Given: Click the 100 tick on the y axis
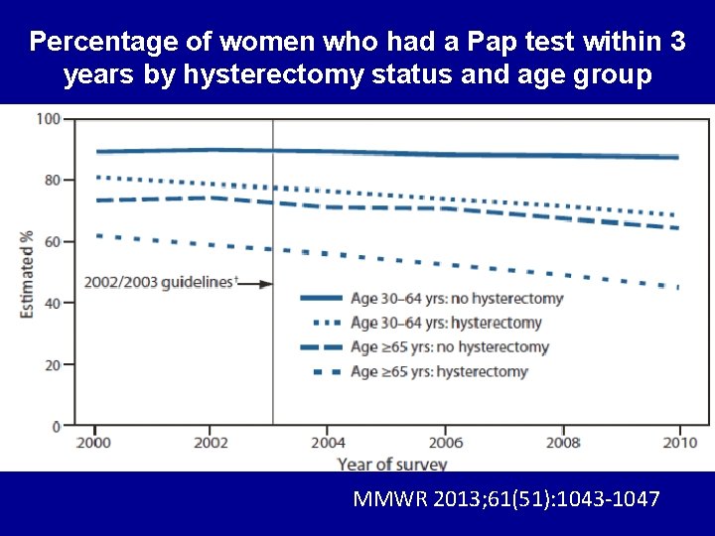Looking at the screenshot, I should tap(49, 119).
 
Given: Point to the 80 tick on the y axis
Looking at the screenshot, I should tap(52, 180).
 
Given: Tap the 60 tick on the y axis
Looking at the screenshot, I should tap(52, 241).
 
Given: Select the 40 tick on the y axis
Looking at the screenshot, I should tap(52, 303).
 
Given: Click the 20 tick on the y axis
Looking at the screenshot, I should tap(52, 364).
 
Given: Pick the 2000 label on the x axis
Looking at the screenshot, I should tap(93, 442).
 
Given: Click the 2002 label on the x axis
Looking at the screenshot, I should tap(211, 442).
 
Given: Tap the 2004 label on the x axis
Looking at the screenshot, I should tap(328, 442).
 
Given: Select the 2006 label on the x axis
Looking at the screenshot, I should tap(445, 442).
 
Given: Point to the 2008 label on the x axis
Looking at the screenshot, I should tap(562, 442).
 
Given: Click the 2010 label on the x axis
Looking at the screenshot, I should tap(679, 442).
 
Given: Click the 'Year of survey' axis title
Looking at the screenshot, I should tap(391, 464).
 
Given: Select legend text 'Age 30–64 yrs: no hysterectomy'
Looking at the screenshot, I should tap(457, 298).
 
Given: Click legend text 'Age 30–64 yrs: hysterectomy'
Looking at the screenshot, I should tap(446, 323).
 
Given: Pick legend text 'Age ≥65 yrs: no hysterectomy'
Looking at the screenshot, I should tap(450, 347).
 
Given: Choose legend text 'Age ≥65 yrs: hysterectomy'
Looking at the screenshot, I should tap(439, 372).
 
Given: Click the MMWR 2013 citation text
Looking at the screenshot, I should tap(505, 499).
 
